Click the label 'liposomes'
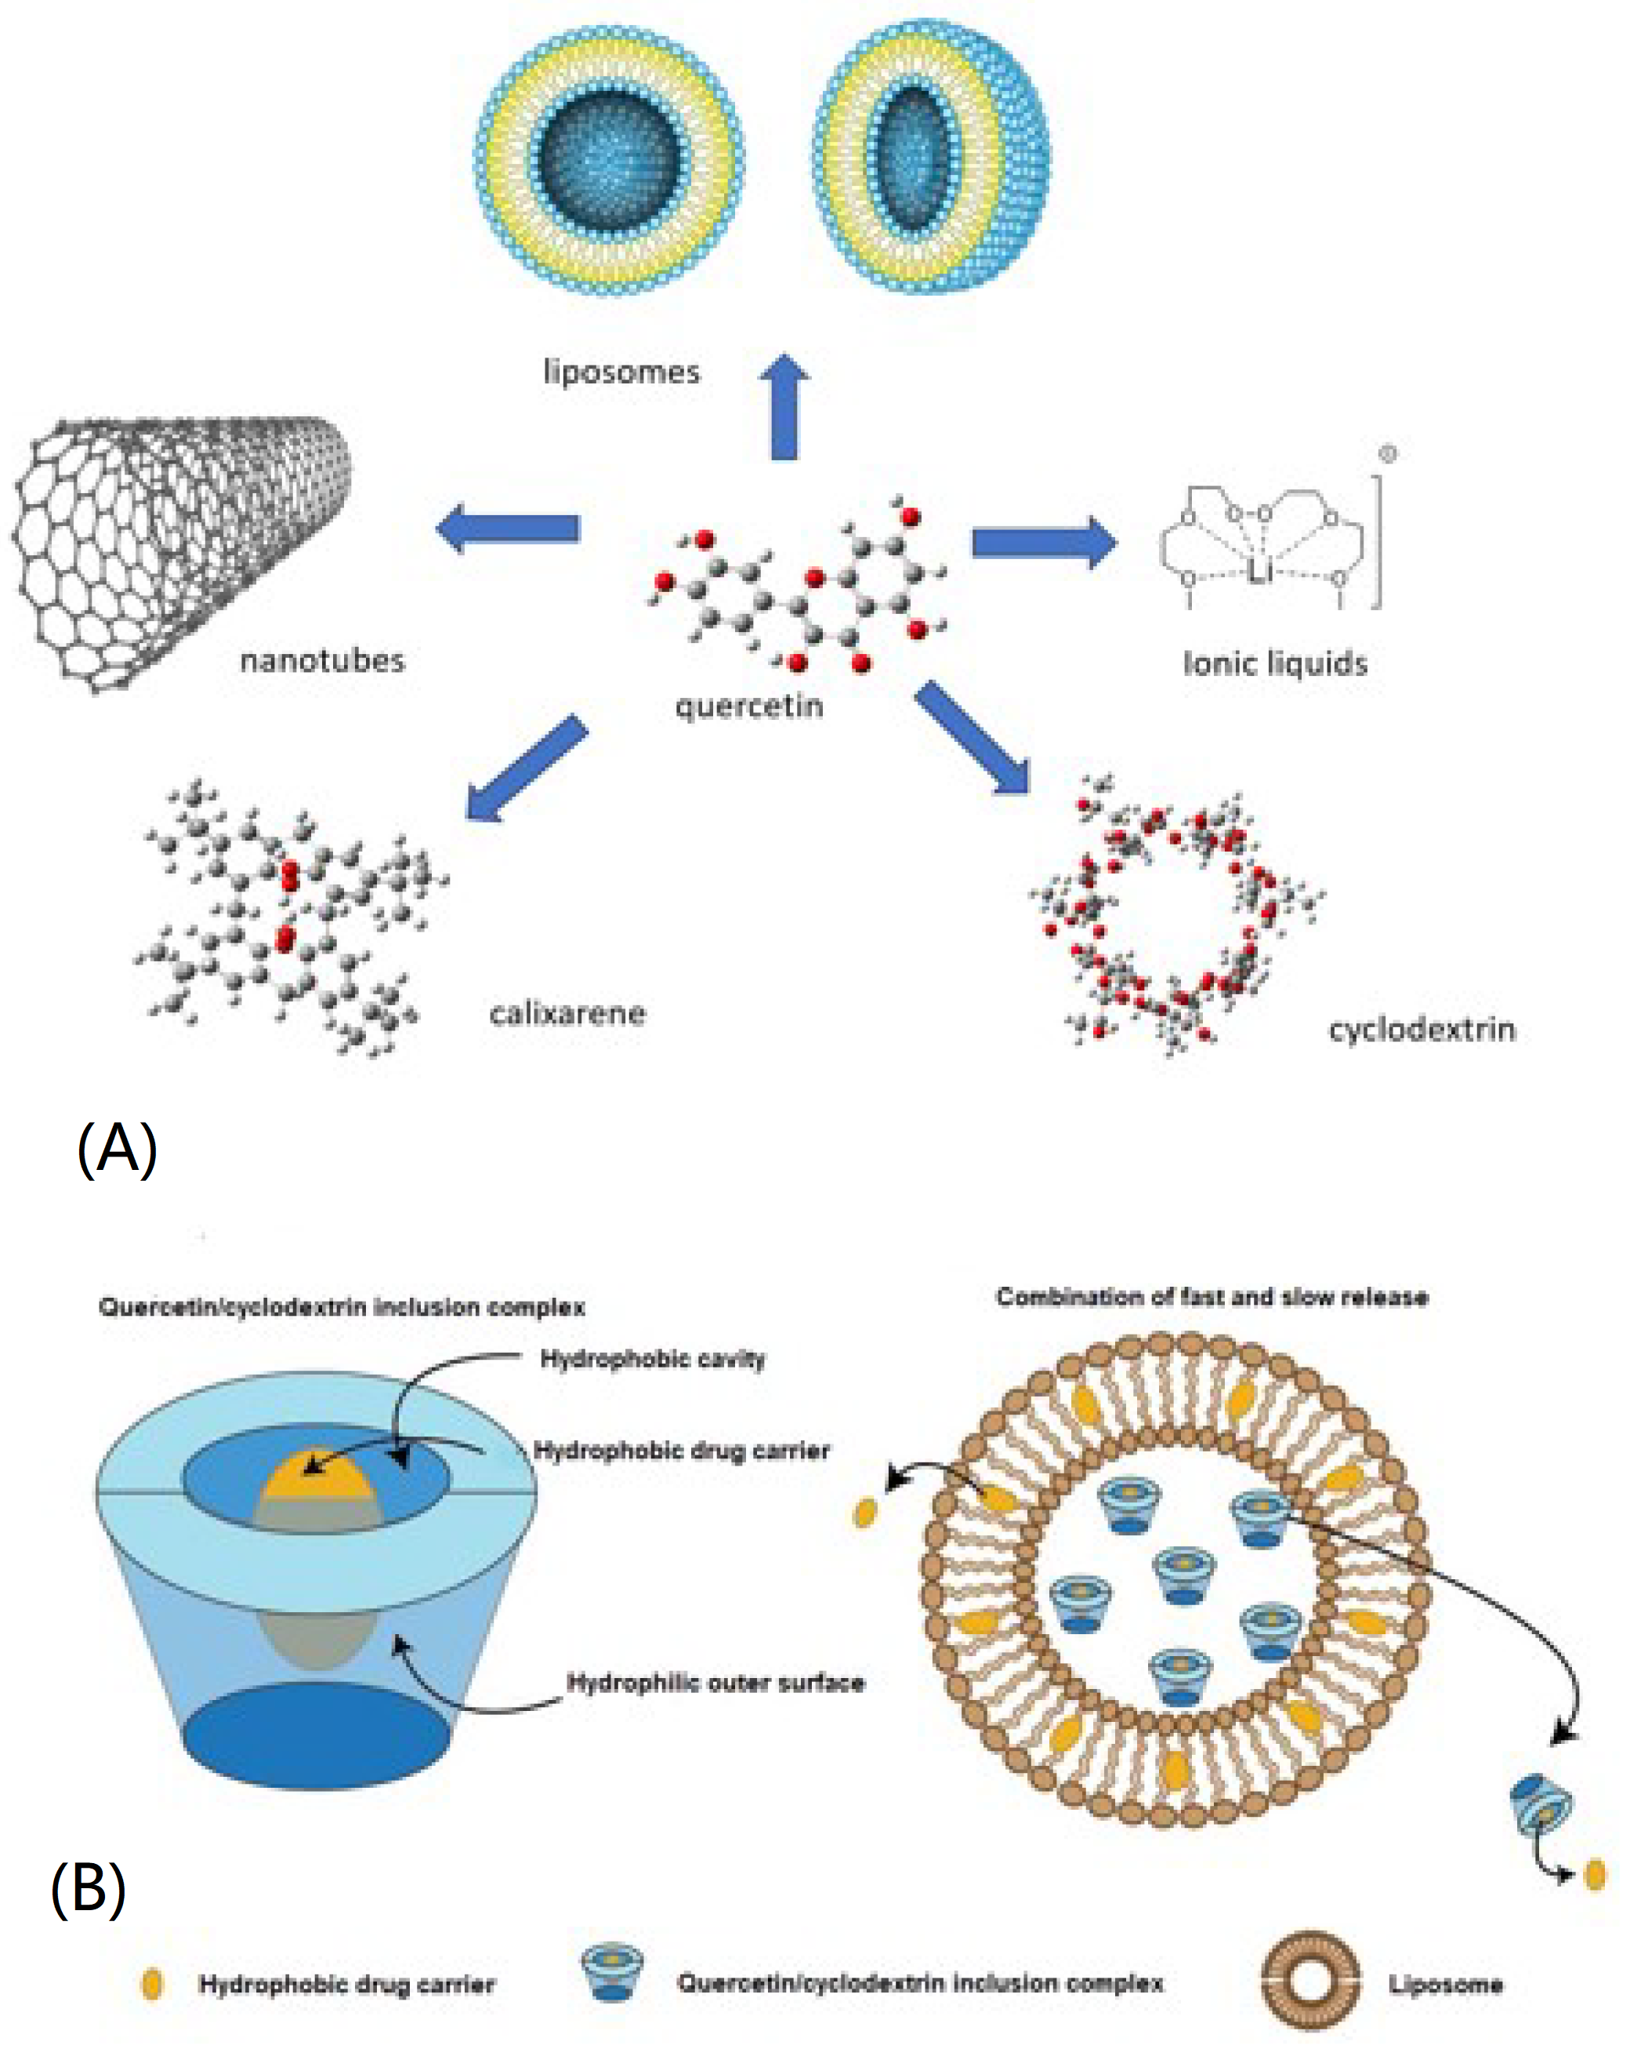621,371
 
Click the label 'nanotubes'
322,660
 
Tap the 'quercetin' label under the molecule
748,706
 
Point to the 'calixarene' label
567,1013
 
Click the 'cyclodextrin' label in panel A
1422,1029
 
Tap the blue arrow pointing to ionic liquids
1043,543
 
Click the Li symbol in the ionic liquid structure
1259,571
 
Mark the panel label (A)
116,1148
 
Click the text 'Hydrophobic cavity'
652,1358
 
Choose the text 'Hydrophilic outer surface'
715,1682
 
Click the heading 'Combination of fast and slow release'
1212,1297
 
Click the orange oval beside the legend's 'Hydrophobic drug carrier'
151,1984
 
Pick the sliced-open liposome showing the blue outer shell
933,158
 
